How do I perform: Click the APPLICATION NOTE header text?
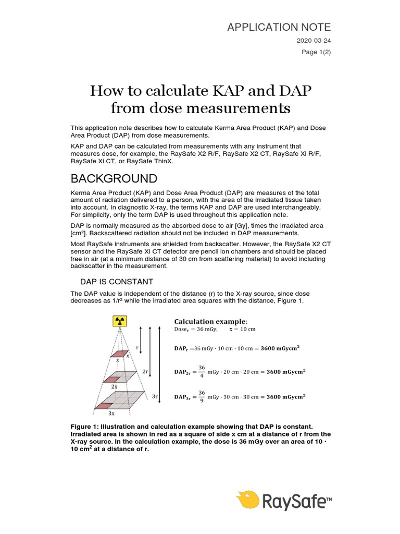tap(279, 27)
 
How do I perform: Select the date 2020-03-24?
tap(314, 40)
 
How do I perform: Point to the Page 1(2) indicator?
tap(317, 52)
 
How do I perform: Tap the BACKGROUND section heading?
tap(114, 179)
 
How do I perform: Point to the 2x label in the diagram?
tap(114, 387)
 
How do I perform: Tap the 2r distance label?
tap(145, 371)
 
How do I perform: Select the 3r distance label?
tap(155, 396)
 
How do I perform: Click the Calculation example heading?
tap(211, 320)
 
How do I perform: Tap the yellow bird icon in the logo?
tap(248, 500)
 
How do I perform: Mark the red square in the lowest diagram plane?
tap(105, 406)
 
